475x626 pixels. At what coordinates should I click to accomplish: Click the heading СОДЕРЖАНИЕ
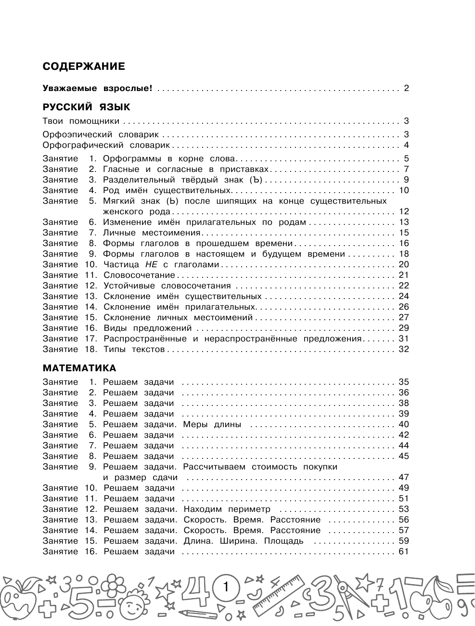pos(83,66)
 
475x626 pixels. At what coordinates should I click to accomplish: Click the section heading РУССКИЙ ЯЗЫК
pos(86,107)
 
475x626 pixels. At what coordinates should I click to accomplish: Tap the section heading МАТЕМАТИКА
pos(79,368)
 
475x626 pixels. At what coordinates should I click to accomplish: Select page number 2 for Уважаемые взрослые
pos(406,88)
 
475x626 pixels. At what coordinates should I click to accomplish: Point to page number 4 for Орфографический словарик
pos(406,145)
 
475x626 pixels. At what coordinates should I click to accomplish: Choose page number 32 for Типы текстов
pos(403,349)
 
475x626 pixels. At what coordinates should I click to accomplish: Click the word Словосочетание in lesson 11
pos(139,275)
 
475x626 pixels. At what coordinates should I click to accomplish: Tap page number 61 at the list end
pos(403,551)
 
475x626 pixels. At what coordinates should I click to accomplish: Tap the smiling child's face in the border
pos(133,602)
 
